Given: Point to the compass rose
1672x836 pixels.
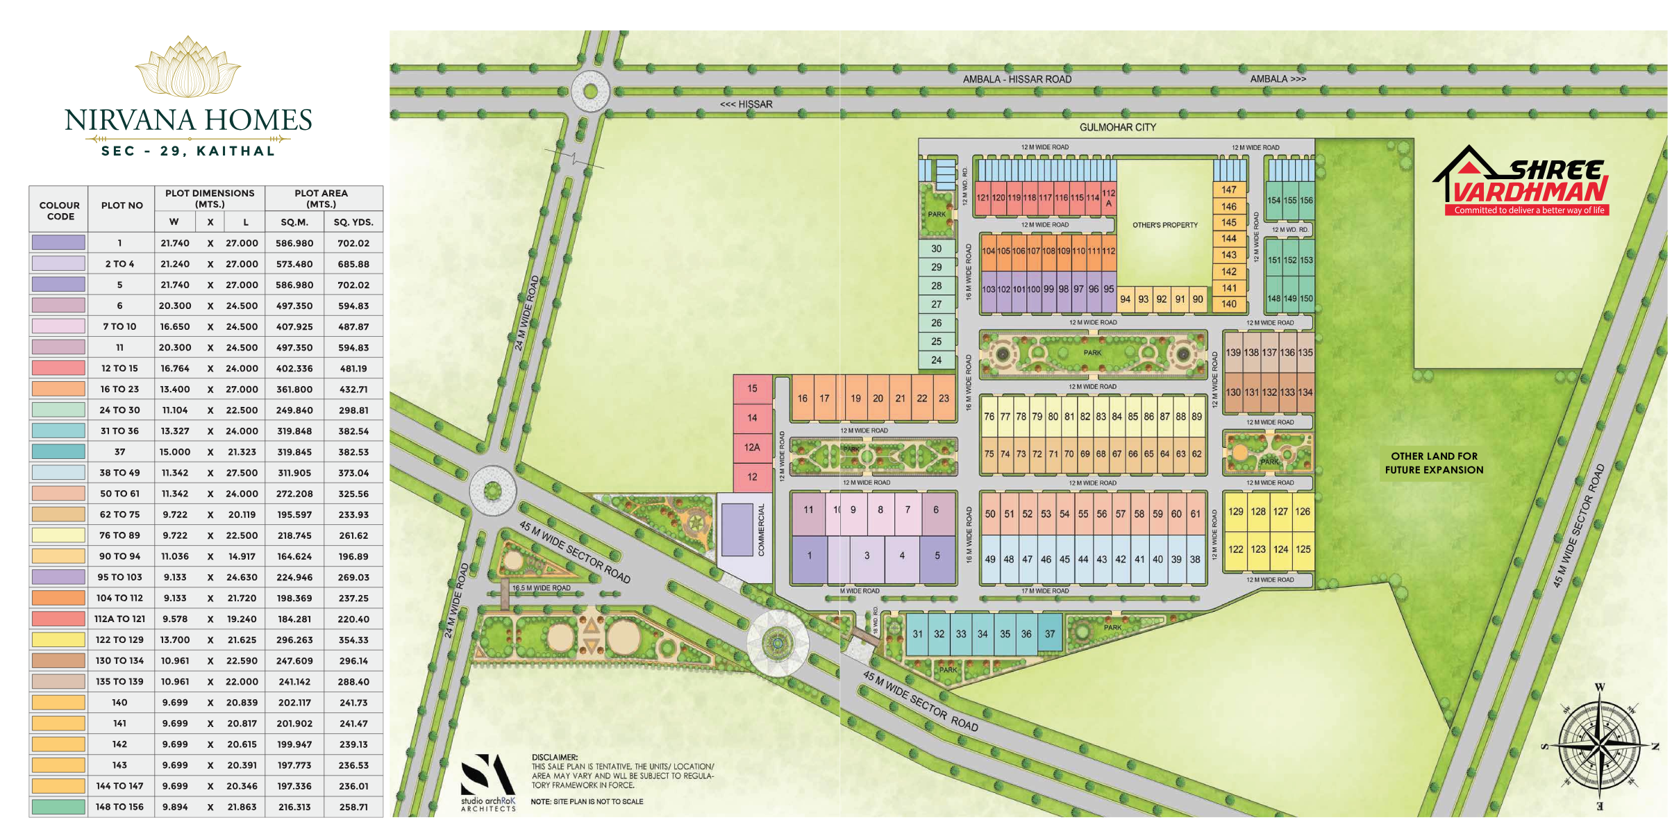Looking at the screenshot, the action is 1600,746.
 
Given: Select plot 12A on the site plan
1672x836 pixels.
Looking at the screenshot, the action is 752,448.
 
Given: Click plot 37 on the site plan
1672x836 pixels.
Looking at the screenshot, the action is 1050,634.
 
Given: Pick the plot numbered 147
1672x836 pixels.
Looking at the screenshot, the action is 1229,190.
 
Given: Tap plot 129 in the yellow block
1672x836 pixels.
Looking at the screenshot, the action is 1236,512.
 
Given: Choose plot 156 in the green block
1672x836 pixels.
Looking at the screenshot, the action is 1306,201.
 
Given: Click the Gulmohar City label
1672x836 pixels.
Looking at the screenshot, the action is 1117,128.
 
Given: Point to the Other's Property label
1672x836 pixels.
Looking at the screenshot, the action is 1164,226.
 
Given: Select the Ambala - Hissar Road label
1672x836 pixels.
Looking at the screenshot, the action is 1017,79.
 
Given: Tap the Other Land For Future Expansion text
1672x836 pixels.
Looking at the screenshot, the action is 1434,463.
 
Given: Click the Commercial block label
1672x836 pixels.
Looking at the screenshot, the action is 761,530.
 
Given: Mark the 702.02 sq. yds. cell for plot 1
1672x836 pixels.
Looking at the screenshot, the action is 353,244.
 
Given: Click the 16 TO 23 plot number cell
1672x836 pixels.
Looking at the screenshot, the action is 119,390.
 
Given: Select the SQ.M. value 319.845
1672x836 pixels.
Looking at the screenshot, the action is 294,452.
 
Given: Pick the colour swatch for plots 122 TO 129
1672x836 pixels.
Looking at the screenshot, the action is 58,640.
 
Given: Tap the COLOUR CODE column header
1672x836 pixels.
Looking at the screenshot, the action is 60,210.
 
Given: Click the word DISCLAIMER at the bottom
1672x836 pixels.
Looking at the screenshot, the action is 554,758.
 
